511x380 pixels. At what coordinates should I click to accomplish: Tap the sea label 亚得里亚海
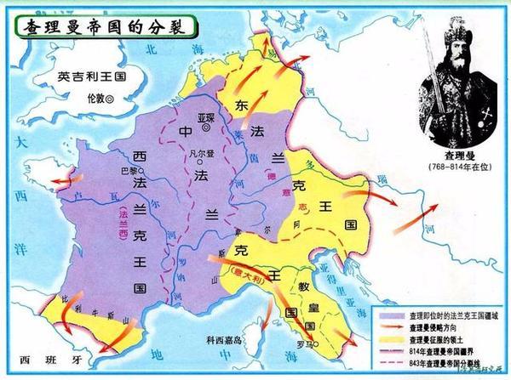pos(341,293)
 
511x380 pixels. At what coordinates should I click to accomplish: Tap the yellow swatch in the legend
pos(392,337)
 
